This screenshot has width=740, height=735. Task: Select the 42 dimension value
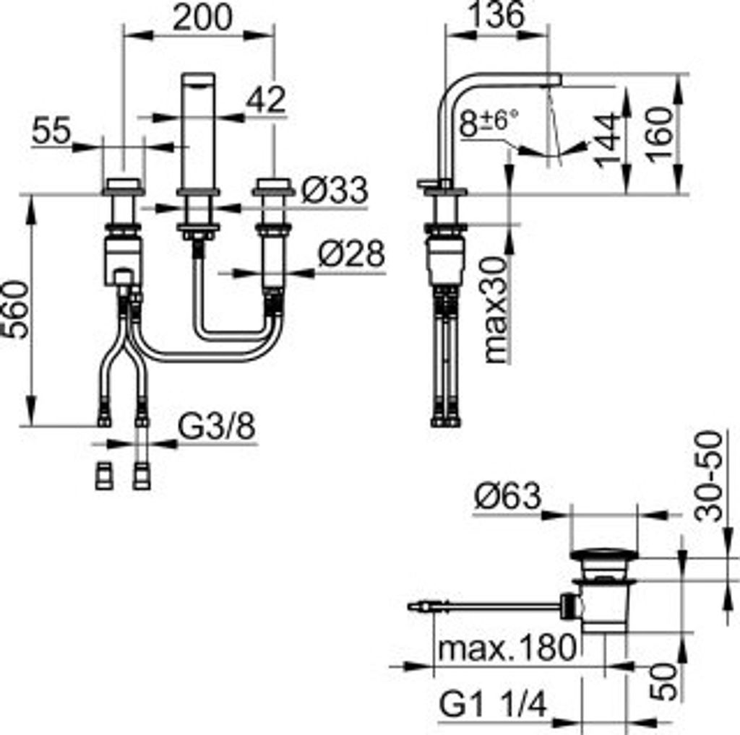pyautogui.click(x=265, y=101)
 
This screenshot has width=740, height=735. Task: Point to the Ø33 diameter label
pyautogui.click(x=334, y=191)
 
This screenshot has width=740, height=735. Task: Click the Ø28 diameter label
pyautogui.click(x=351, y=255)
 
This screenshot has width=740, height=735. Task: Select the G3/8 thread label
pyautogui.click(x=216, y=428)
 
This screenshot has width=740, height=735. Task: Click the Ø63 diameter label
pyautogui.click(x=507, y=496)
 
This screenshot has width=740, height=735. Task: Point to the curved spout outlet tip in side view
pyautogui.click(x=553, y=80)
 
